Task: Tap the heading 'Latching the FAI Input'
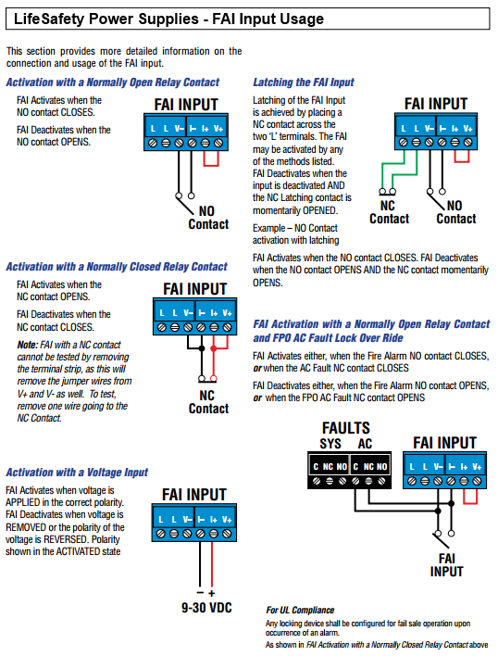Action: point(303,82)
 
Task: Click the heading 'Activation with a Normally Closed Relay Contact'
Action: point(116,267)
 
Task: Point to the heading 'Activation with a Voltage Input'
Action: point(76,473)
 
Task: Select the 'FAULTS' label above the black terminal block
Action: point(345,428)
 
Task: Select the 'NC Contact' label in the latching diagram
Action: point(389,212)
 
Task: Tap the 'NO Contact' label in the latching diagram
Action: point(455,212)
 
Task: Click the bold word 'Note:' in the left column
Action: point(28,345)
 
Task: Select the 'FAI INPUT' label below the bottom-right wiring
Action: point(447,566)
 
